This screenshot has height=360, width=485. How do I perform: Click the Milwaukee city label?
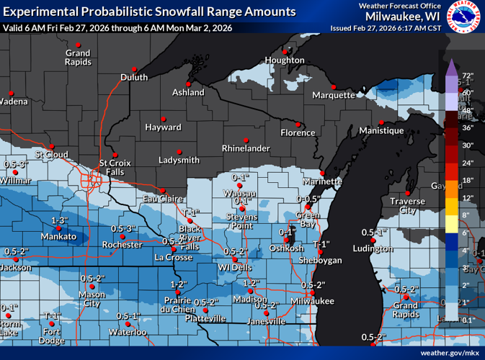pos(313,301)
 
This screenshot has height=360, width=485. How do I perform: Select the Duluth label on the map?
pos(133,78)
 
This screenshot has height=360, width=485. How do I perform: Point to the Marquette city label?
pos(334,95)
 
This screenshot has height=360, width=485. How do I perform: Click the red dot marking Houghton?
pos(286,52)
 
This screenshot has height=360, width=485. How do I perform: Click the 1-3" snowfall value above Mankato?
pos(60,220)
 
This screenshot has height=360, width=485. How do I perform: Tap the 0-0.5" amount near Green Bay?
pos(309,199)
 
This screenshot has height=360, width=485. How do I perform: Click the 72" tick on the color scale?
pos(467,76)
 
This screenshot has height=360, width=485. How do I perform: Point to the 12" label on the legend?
pos(467,197)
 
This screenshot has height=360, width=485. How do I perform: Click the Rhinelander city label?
pos(245,148)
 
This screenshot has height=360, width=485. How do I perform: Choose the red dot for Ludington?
pos(373,241)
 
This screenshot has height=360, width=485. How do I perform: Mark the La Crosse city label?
pos(173,257)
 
